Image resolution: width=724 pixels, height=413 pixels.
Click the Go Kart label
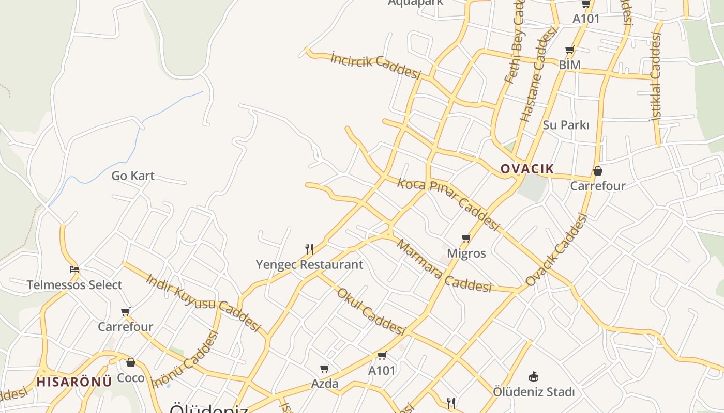pos(133,176)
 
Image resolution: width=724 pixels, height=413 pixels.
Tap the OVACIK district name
pos(527,169)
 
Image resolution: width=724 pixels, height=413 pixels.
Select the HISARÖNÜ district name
pos(74,382)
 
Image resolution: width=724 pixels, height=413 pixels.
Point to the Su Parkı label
pos(566,125)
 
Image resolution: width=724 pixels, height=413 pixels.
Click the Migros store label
pos(466,253)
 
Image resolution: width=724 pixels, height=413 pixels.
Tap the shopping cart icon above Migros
pos(466,238)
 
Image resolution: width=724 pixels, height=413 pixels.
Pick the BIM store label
pos(569,65)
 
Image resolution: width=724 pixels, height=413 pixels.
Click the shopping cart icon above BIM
pos(569,50)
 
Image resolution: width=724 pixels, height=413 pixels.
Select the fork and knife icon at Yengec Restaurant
pos(309,249)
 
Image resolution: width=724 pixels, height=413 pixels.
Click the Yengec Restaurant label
pos(309,265)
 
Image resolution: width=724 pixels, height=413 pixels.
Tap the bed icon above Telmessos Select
pos(74,269)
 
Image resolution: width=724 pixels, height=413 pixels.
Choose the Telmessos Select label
pos(74,285)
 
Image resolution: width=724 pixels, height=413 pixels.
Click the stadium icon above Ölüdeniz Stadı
pos(534,377)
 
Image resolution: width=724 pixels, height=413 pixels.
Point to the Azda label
pos(325,384)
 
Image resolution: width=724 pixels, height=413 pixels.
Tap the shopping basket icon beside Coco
pos(131,362)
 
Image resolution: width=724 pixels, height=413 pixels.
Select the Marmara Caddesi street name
pos(444,266)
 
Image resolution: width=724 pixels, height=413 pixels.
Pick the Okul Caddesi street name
pos(370,311)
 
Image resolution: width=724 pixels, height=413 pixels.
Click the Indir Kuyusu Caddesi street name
pos(203,302)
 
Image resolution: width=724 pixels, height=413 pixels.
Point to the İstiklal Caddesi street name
pos(656,77)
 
